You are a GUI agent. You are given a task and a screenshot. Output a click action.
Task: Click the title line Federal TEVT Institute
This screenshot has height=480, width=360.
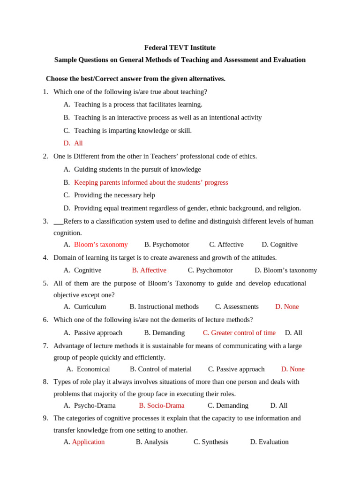click(180, 48)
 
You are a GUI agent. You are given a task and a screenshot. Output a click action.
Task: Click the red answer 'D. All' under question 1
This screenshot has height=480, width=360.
click(73, 143)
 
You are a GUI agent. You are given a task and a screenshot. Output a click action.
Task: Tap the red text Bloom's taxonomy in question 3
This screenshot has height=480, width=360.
click(101, 245)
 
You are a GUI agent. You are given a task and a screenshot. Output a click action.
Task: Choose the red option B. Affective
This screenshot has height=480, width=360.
click(149, 270)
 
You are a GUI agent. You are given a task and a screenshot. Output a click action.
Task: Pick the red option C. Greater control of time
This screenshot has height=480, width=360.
click(239, 333)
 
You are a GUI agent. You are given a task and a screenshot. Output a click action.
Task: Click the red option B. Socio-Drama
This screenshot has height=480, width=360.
click(162, 405)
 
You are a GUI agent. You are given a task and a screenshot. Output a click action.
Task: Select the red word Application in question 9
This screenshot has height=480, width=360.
click(88, 442)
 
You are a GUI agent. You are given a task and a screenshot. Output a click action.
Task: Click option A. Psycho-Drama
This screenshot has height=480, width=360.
click(90, 405)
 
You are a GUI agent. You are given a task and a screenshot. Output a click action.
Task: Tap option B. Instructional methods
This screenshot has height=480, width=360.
click(164, 307)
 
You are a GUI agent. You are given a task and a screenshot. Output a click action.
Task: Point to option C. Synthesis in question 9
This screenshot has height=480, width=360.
click(211, 442)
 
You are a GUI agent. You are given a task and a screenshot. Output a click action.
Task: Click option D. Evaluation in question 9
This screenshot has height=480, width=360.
click(269, 442)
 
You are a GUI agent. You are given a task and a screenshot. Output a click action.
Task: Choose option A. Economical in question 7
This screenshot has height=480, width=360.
click(88, 369)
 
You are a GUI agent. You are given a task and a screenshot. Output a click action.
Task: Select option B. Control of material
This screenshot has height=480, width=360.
click(161, 369)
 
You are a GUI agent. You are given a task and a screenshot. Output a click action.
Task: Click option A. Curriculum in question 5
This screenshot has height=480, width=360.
click(85, 307)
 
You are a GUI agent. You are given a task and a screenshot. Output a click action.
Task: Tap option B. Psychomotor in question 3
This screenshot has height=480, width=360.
click(167, 245)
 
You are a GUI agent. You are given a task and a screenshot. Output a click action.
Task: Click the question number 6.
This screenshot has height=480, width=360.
click(45, 320)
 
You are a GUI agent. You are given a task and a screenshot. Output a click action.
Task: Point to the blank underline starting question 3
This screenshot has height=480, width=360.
click(58, 222)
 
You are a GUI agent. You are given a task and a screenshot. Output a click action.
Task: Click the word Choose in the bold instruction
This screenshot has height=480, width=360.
click(56, 79)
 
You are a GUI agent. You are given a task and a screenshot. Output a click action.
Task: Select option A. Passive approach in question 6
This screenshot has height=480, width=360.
click(93, 333)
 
